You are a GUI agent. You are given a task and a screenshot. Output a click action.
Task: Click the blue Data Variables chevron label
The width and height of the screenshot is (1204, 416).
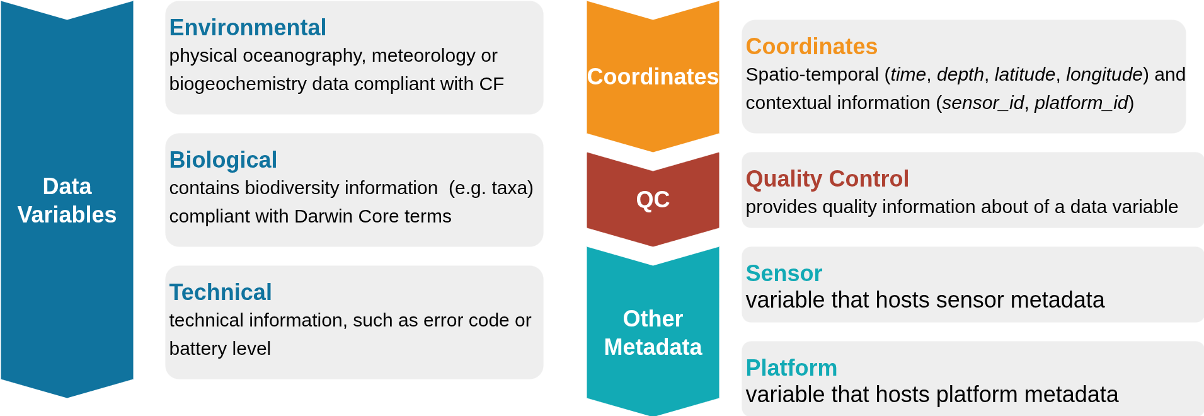67,200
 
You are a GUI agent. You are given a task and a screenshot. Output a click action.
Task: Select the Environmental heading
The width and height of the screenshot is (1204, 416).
248,28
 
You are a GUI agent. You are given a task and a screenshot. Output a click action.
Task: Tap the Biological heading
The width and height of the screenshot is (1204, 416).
223,160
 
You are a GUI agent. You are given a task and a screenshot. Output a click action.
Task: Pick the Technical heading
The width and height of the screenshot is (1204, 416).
221,292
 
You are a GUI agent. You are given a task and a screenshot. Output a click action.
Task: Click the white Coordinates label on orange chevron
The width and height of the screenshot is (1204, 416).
653,77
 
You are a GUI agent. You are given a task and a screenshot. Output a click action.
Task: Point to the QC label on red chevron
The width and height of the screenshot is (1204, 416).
653,200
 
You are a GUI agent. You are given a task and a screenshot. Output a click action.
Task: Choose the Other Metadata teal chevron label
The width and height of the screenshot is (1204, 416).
653,333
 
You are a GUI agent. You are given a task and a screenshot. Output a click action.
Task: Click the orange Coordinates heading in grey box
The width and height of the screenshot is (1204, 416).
811,47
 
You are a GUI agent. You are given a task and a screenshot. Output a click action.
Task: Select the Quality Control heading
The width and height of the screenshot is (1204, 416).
827,179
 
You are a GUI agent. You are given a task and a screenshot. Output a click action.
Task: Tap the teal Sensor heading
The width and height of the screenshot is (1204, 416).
784,274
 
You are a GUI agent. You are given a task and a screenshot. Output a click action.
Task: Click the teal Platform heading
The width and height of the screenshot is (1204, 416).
791,368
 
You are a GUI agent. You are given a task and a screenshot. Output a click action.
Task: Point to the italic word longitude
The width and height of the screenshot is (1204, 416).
1104,74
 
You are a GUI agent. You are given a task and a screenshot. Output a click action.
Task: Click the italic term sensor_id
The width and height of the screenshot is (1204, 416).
983,103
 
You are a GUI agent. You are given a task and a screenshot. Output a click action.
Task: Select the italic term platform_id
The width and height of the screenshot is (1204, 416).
1081,103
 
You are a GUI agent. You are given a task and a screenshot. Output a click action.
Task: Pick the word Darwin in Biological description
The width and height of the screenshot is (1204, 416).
324,216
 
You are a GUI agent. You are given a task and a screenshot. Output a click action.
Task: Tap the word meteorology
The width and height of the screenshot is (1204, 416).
423,56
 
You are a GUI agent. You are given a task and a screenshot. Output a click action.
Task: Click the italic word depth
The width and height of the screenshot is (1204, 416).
960,74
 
